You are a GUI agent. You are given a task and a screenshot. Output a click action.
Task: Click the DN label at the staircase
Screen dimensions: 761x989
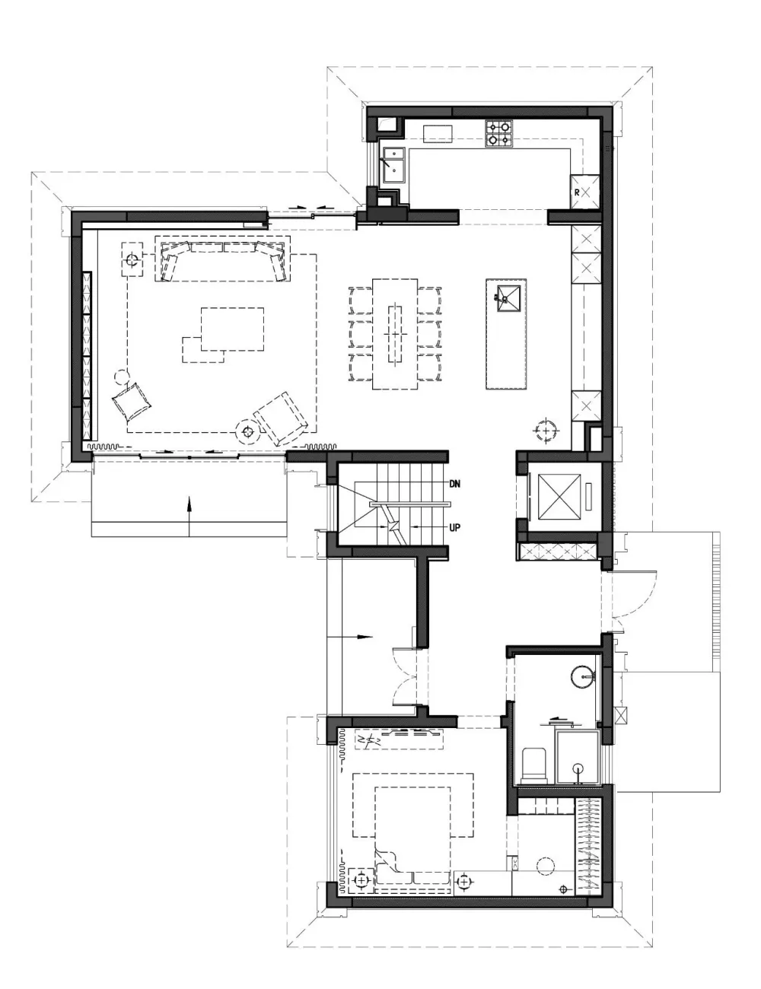(x=454, y=483)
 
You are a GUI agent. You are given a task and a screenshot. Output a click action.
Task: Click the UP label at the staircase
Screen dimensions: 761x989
(x=454, y=527)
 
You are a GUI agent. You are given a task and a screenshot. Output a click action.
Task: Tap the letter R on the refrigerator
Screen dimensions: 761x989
(x=577, y=192)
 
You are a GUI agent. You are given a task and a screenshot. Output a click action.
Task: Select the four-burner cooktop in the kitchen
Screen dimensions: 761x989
(x=498, y=133)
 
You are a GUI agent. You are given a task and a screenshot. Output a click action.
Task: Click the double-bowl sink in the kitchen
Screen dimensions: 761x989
(x=393, y=165)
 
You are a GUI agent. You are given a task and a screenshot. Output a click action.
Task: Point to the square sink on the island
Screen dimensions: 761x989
(x=508, y=298)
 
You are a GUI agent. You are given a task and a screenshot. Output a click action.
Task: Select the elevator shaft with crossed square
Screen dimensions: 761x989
(x=559, y=496)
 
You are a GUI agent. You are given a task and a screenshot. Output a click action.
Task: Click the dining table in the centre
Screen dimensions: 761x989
(x=395, y=334)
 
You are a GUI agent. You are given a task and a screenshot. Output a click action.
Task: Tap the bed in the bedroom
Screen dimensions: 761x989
(x=412, y=841)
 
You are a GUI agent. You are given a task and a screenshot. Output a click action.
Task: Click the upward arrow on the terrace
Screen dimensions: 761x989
(x=189, y=517)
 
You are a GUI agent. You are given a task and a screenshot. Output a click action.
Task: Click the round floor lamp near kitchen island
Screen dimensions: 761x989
(x=546, y=430)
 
